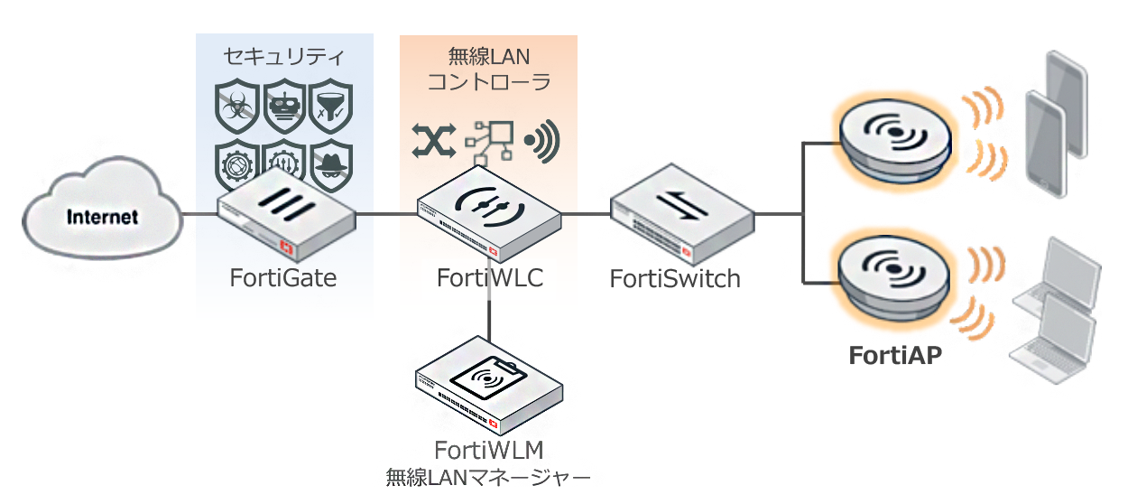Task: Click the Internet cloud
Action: [101, 216]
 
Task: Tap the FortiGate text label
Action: [282, 277]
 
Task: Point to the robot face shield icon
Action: [284, 105]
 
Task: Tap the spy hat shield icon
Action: [330, 162]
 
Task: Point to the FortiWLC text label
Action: [489, 277]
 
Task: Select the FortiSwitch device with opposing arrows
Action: [682, 212]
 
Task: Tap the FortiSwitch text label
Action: [675, 278]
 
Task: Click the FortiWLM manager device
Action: [488, 390]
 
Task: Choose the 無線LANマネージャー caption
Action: [488, 475]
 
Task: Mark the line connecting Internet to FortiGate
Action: [199, 215]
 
